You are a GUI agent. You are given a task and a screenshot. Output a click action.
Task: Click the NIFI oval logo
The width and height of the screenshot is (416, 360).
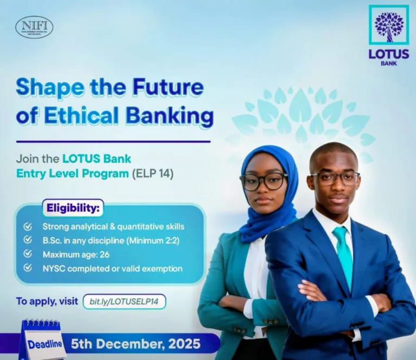(34, 27)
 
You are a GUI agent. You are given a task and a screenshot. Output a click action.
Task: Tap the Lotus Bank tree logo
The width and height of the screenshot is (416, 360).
(388, 25)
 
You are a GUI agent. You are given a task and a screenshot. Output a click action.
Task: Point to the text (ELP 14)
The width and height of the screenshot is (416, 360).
(153, 174)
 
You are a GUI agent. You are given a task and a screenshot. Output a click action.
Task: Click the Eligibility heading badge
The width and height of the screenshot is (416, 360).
(73, 208)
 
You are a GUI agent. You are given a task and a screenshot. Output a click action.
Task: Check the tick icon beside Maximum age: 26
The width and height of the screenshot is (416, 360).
(28, 253)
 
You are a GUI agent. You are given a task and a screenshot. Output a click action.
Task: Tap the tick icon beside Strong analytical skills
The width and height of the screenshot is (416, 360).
(28, 226)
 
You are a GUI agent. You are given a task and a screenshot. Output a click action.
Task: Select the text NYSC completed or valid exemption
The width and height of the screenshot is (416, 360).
(112, 268)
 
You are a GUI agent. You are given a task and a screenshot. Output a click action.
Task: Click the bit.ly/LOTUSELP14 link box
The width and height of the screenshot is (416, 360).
(124, 302)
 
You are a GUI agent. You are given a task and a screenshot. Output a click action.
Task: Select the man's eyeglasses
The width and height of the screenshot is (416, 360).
(334, 178)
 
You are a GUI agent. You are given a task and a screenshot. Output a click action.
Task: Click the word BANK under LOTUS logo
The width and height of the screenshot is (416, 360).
(388, 63)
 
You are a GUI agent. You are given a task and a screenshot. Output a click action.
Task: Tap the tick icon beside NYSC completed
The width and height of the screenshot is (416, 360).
(28, 267)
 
